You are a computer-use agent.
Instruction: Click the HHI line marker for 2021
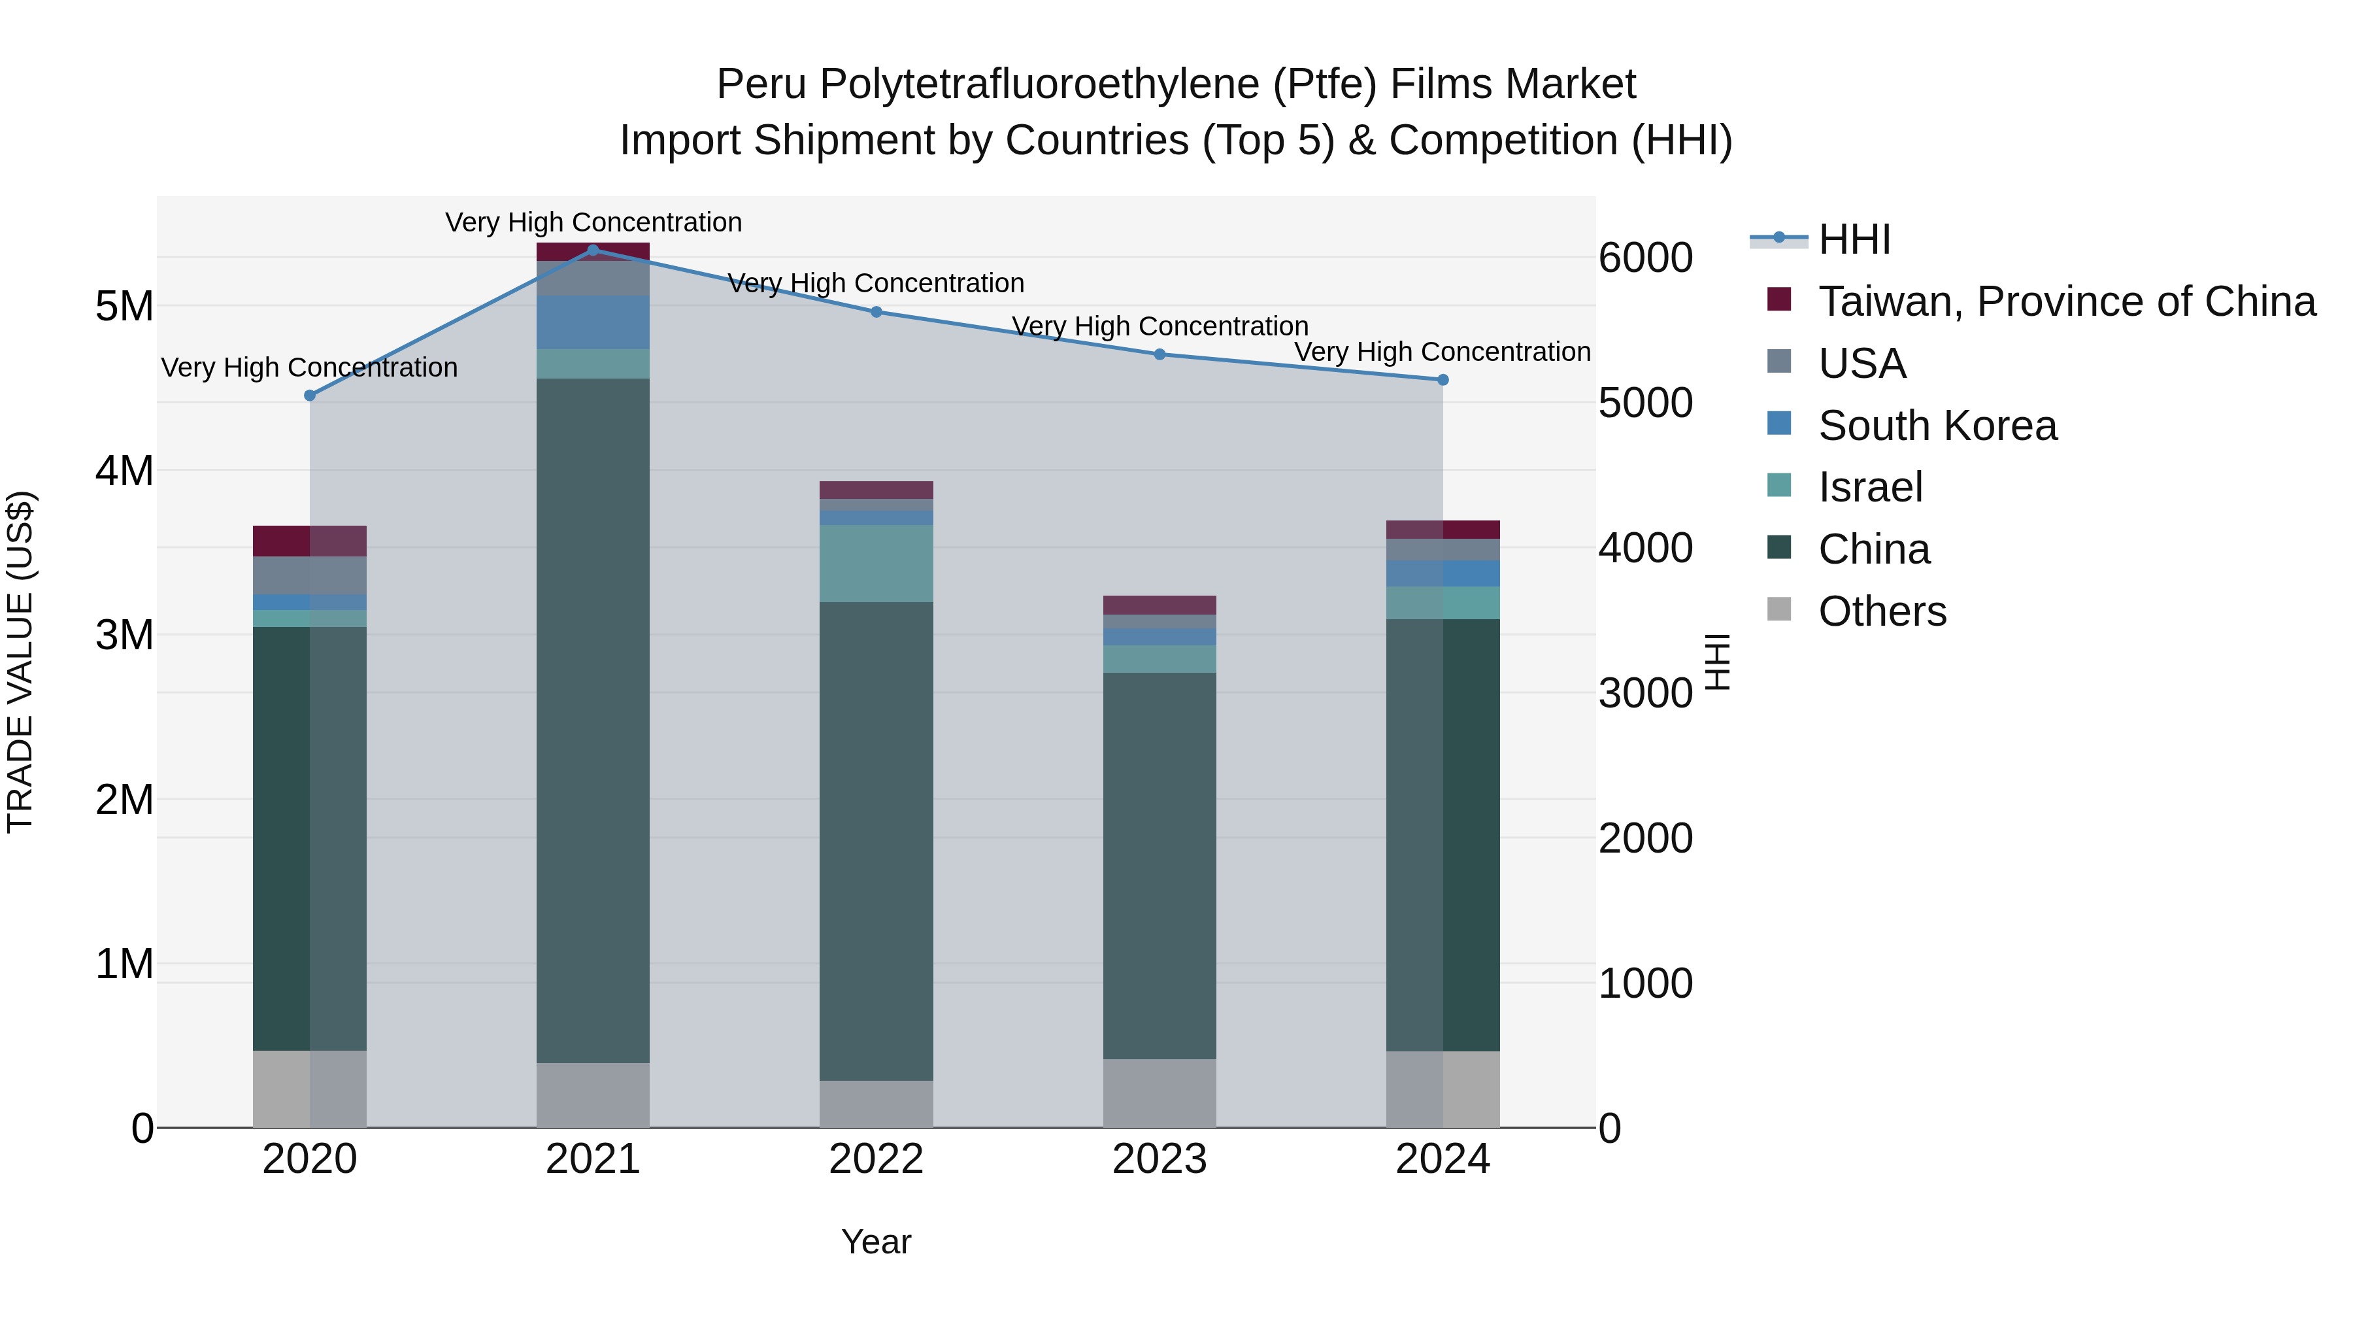pos(593,250)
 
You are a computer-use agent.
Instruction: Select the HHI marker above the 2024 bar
pos(1443,379)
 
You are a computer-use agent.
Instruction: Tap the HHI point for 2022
pos(876,312)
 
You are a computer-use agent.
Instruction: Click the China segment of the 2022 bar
pos(876,841)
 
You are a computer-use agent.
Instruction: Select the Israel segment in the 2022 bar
pos(876,563)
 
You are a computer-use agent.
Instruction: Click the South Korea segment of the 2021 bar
pos(593,322)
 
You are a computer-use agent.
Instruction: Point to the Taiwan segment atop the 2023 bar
pos(1159,605)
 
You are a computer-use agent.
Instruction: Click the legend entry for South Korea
pos(1937,426)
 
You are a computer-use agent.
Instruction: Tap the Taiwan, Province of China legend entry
pos(2066,301)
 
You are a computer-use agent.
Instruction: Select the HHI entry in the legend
pos(1854,239)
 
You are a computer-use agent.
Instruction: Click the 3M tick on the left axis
pos(125,635)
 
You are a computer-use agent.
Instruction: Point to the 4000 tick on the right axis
pos(1645,547)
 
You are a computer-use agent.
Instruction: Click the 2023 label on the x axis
pos(1159,1159)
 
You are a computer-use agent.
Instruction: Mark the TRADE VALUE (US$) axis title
pos(20,662)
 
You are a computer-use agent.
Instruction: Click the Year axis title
pos(876,1242)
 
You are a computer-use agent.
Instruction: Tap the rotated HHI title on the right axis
pos(1717,662)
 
